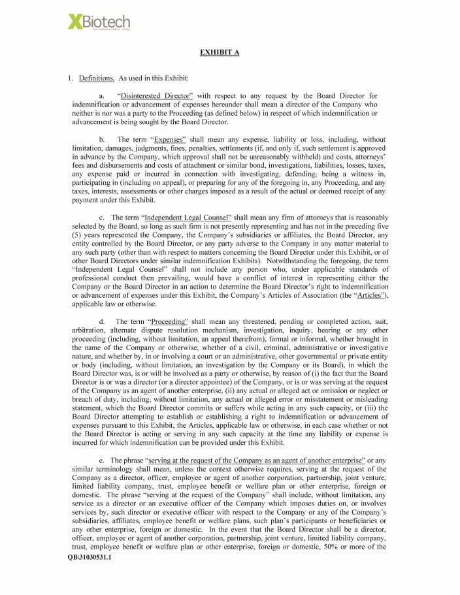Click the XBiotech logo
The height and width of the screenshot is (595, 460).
pyautogui.click(x=99, y=23)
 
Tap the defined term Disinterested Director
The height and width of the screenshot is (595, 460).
pyautogui.click(x=156, y=96)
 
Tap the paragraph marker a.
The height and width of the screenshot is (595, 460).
pyautogui.click(x=102, y=96)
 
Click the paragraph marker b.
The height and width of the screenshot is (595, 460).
pyautogui.click(x=102, y=140)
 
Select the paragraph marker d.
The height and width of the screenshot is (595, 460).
pyautogui.click(x=102, y=321)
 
